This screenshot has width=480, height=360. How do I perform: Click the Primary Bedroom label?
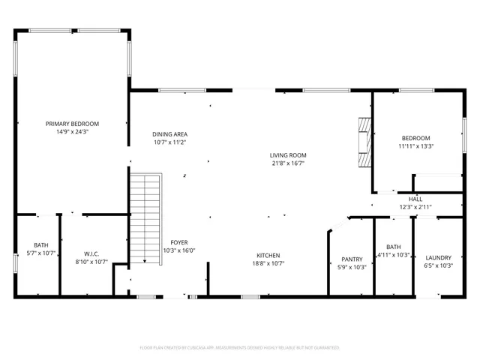pyautogui.click(x=72, y=124)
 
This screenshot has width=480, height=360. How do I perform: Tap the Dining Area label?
pyautogui.click(x=169, y=133)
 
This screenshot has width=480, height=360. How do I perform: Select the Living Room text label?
pyautogui.click(x=288, y=155)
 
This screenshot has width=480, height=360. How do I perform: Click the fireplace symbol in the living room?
pyautogui.click(x=364, y=142)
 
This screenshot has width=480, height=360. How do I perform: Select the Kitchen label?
pyautogui.click(x=268, y=255)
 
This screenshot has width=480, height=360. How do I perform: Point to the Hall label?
pyautogui.click(x=415, y=199)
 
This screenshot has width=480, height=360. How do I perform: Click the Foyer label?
pyautogui.click(x=178, y=242)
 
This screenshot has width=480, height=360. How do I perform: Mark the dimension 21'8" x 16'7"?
pyautogui.click(x=288, y=163)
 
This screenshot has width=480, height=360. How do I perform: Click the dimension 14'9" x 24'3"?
pyautogui.click(x=72, y=131)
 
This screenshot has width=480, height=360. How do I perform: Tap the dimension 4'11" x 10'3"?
pyautogui.click(x=394, y=254)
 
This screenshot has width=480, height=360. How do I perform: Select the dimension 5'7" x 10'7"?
pyautogui.click(x=40, y=253)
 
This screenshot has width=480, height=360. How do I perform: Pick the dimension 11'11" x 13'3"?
pyautogui.click(x=415, y=145)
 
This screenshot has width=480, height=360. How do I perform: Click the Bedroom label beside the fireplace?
pyautogui.click(x=415, y=138)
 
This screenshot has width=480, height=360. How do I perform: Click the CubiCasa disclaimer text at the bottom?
pyautogui.click(x=240, y=348)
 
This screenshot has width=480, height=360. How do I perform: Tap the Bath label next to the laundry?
pyautogui.click(x=394, y=247)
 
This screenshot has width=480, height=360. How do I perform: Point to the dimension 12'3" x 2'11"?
pyautogui.click(x=415, y=207)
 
